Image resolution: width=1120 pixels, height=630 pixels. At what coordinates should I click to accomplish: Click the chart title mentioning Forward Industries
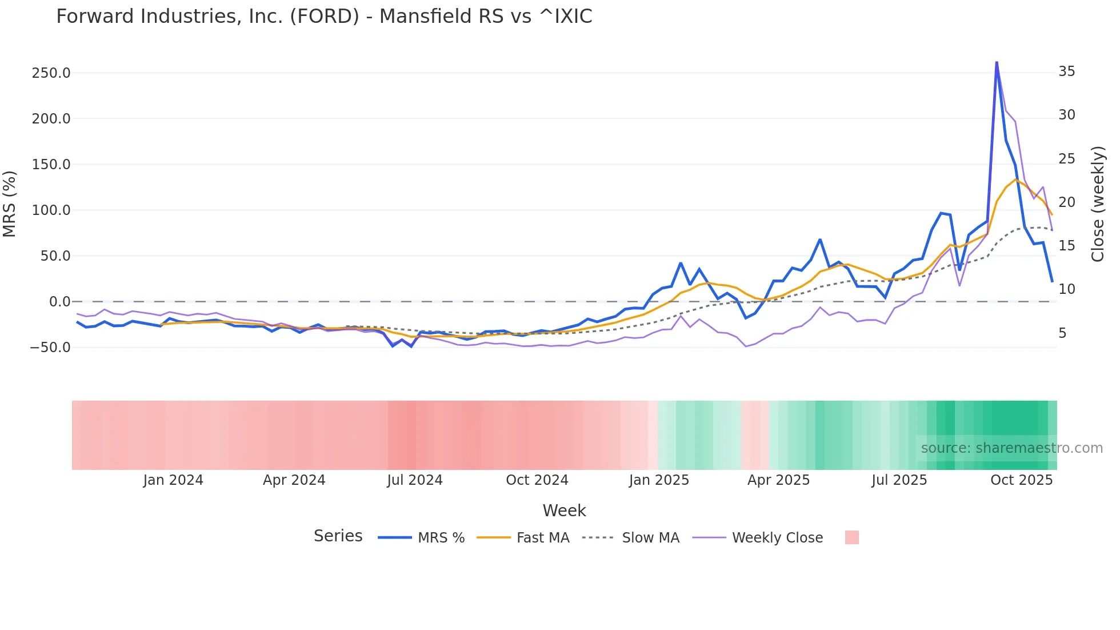pos(324,17)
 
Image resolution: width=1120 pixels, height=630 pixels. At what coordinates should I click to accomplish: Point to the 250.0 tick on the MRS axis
pos(51,73)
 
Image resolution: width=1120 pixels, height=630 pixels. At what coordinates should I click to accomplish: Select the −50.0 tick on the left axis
pos(50,348)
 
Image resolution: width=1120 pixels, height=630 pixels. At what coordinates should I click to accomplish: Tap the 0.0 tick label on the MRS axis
pos(59,302)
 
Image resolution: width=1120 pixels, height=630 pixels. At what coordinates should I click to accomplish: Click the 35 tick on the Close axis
pos(1067,71)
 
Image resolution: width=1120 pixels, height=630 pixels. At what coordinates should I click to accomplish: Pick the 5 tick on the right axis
pos(1062,333)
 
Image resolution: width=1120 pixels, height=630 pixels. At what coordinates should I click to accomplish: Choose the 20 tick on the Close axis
pos(1067,202)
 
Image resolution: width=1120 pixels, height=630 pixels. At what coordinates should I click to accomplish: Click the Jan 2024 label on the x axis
pos(173,480)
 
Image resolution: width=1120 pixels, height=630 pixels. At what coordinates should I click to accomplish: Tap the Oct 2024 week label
pos(537,480)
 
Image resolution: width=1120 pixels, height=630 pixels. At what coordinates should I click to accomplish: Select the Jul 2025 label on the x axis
pos(899,480)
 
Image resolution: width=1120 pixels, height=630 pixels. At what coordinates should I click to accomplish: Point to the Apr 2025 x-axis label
pos(779,480)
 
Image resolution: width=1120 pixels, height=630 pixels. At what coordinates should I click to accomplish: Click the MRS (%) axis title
pos(10,204)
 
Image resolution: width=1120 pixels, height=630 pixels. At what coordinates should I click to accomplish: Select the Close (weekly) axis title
pos(1098,204)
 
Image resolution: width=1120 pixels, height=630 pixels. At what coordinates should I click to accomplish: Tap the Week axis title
pos(564,511)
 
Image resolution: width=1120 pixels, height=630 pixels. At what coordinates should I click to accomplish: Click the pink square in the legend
pos(851,537)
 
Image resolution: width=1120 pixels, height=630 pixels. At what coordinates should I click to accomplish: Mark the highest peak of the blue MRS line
pos(997,62)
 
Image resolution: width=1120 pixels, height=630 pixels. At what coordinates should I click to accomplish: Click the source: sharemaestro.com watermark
pos(1011,448)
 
